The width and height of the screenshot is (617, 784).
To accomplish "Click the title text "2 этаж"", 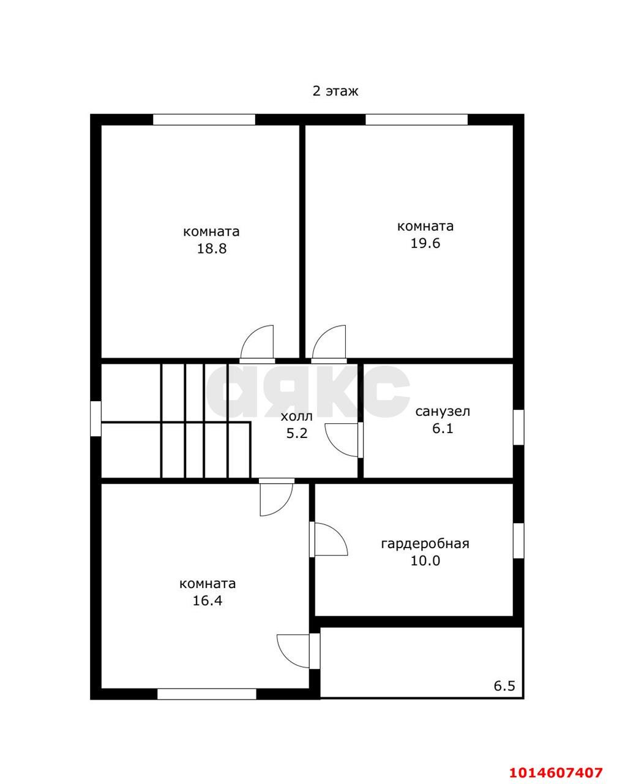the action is (x=335, y=91).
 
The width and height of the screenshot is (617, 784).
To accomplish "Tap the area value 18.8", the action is (x=212, y=249).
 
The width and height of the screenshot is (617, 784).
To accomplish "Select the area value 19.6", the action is (x=425, y=243).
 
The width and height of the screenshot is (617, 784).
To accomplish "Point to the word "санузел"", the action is (x=443, y=412).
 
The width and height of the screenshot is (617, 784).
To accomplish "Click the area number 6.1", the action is (x=443, y=428).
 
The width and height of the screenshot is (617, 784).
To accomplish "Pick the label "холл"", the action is (x=296, y=417).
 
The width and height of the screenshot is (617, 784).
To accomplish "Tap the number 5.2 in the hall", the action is (x=296, y=434).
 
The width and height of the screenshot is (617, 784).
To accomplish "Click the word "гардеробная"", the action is (x=425, y=544).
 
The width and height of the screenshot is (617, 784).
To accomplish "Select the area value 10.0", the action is (x=425, y=560).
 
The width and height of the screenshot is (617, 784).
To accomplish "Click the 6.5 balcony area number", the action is (x=504, y=686).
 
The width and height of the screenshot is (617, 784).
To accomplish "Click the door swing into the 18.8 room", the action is (x=257, y=342).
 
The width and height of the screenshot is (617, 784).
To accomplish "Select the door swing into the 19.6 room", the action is (x=329, y=342).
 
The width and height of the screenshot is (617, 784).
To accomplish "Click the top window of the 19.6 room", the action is (x=416, y=119).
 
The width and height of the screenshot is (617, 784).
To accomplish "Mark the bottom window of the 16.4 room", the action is (x=207, y=694).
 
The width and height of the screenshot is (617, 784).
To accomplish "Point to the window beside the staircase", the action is (x=95, y=418).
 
